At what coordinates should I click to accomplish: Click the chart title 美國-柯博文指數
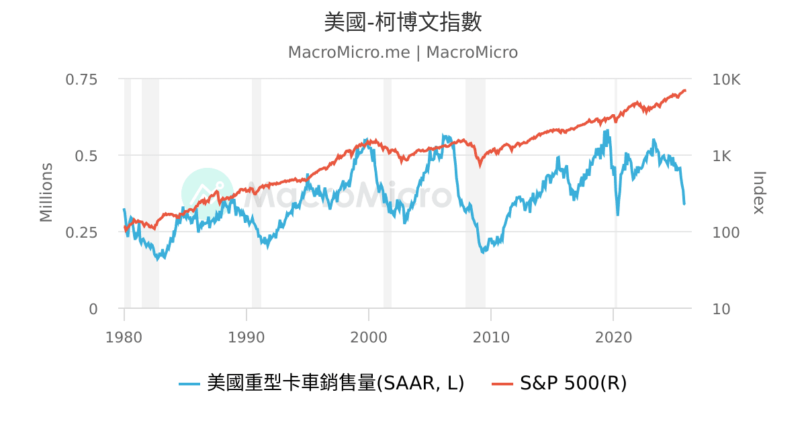tap(403, 22)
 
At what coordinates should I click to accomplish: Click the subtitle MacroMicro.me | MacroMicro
tap(403, 52)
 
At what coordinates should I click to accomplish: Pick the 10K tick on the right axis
tap(726, 79)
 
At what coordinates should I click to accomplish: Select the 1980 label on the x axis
tap(124, 337)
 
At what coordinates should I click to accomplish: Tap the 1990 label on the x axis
tap(247, 337)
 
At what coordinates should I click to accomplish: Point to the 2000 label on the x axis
tap(369, 337)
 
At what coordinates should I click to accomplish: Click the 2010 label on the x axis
tap(491, 337)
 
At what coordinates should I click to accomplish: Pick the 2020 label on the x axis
tap(614, 337)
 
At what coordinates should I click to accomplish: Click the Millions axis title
tap(46, 192)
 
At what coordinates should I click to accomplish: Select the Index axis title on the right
tap(759, 193)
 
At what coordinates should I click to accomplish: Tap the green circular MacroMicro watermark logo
tap(208, 194)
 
